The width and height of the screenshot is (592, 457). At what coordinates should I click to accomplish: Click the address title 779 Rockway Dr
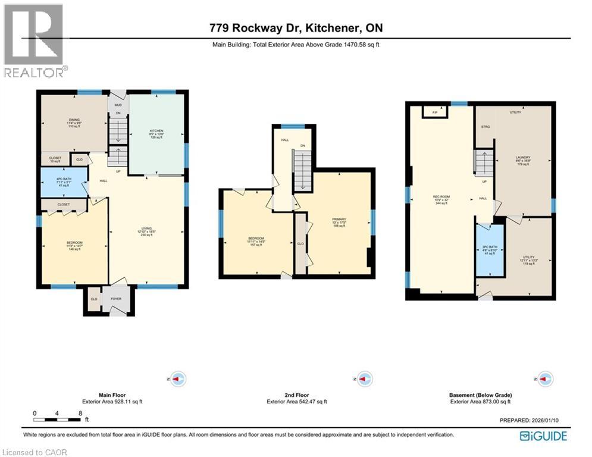click(295, 28)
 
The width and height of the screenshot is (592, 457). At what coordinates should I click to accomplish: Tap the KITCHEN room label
click(156, 130)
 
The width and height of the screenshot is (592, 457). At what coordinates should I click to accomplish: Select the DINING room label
click(74, 120)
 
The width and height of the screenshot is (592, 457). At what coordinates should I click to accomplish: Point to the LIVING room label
click(146, 228)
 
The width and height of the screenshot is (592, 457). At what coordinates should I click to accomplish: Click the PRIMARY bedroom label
click(339, 219)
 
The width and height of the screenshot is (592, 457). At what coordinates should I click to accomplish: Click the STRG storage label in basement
click(485, 127)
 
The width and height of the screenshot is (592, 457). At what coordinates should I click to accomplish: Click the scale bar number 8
click(79, 413)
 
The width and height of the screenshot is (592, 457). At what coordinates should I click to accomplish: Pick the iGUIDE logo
click(543, 436)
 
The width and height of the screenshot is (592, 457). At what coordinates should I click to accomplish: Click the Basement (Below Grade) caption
click(481, 395)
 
